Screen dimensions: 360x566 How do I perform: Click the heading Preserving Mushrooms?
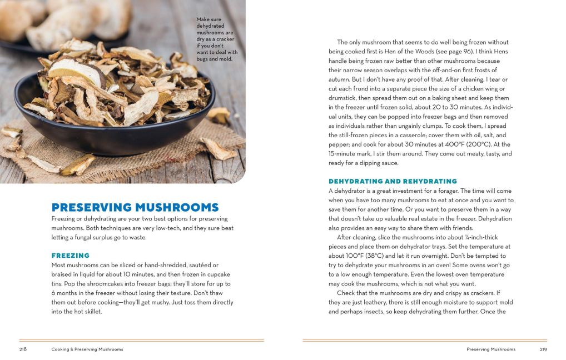pyautogui.click(x=135, y=207)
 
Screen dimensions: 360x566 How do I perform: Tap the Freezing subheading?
pyautogui.click(x=71, y=256)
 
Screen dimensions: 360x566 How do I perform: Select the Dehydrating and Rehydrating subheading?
pyautogui.click(x=393, y=181)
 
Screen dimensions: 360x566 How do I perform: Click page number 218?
pyautogui.click(x=23, y=349)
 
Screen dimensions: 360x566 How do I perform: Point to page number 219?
pyautogui.click(x=543, y=349)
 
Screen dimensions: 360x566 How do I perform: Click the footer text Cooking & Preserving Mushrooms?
pyautogui.click(x=87, y=349)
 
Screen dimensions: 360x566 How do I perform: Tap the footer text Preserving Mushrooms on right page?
pyautogui.click(x=491, y=349)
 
